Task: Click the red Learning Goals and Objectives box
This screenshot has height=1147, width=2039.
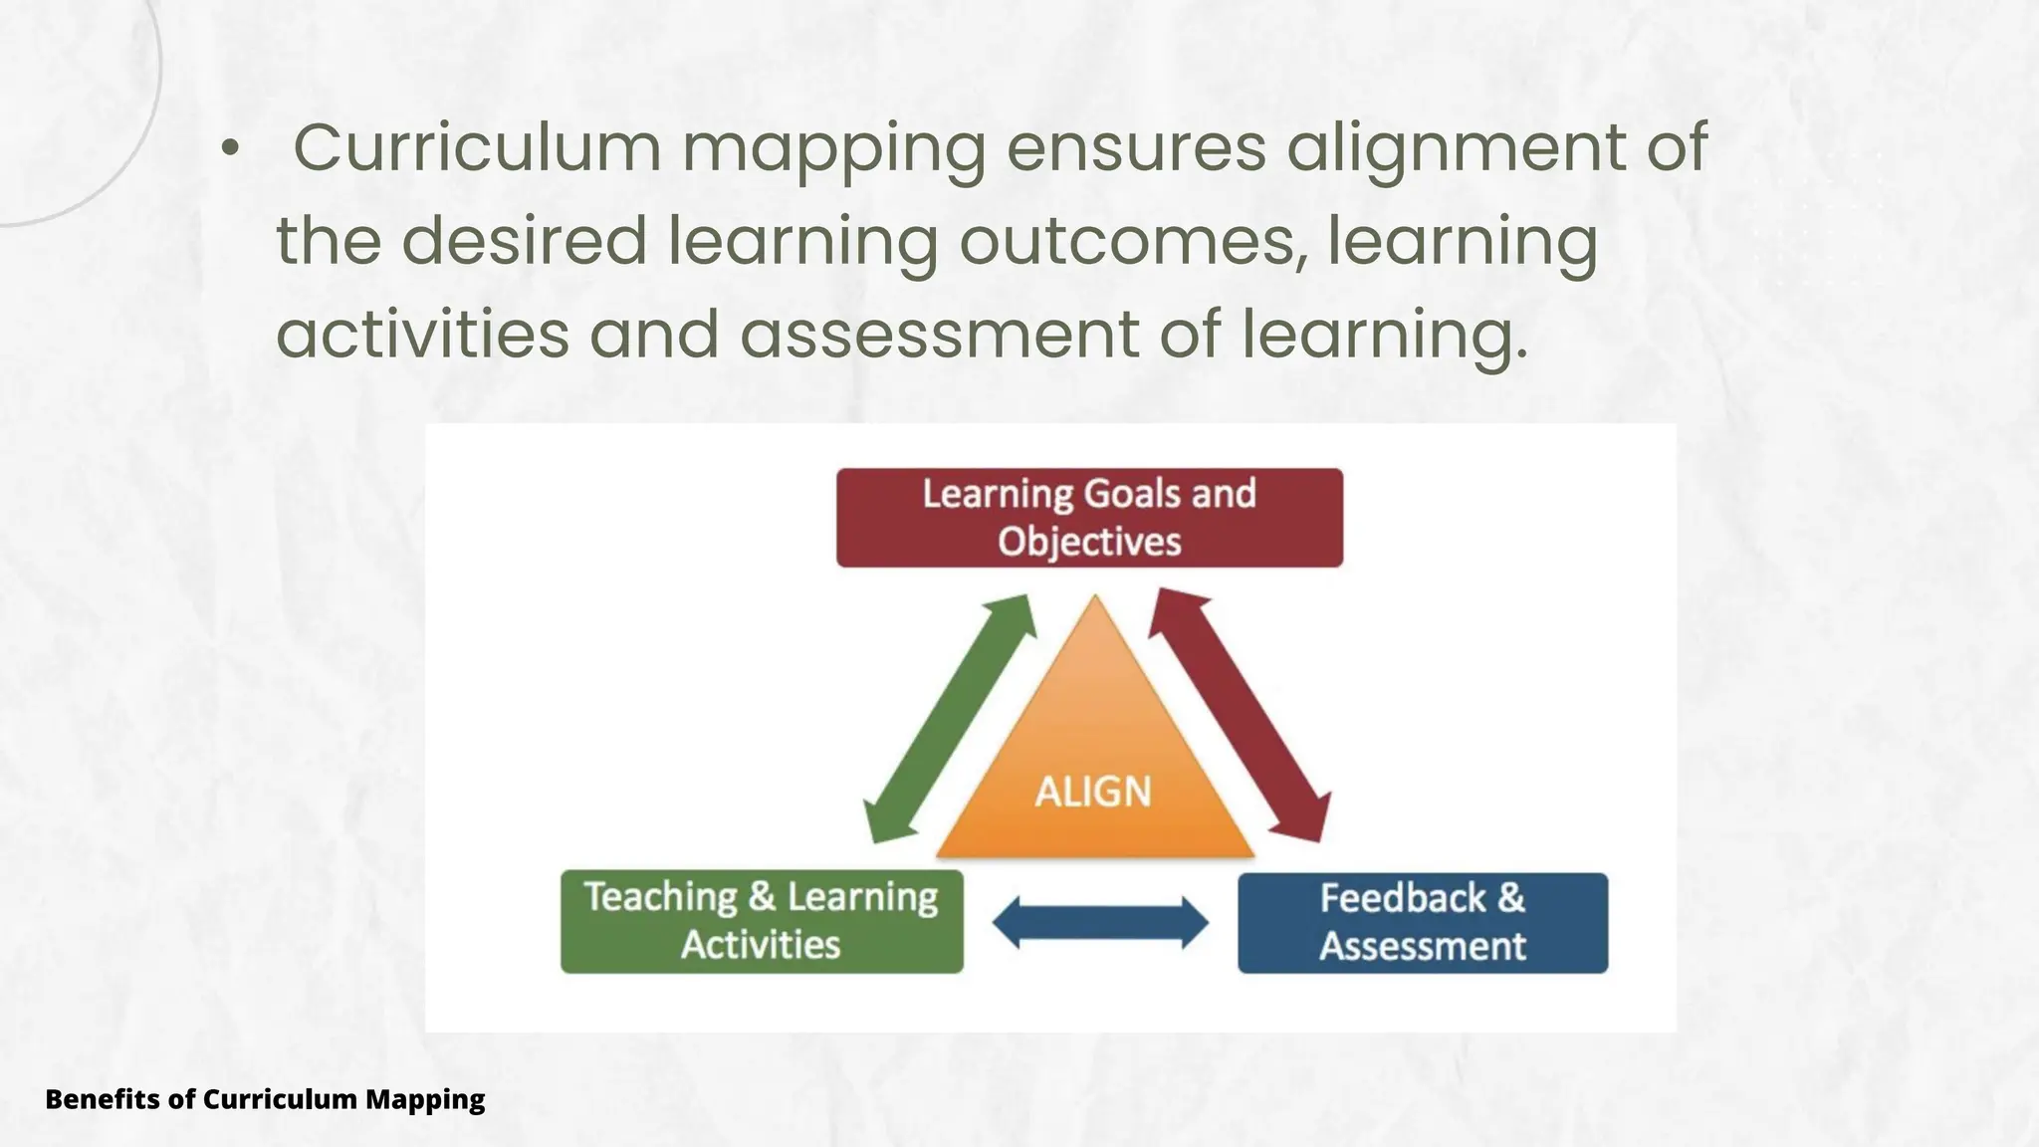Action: click(x=1089, y=518)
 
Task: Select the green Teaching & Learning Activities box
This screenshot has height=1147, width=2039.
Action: click(x=762, y=921)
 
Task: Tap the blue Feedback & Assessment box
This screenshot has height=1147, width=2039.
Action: click(x=1422, y=922)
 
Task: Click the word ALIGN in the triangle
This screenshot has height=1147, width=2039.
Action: click(x=1093, y=793)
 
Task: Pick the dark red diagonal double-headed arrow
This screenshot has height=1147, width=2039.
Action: click(x=1241, y=715)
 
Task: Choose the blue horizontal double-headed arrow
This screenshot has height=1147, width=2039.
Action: click(x=1100, y=922)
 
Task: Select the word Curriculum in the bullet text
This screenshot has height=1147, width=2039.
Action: click(x=477, y=147)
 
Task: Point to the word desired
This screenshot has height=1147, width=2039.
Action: click(x=525, y=241)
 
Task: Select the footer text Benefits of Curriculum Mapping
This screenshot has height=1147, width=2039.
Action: click(x=265, y=1099)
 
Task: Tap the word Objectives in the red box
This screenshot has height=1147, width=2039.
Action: click(x=1089, y=542)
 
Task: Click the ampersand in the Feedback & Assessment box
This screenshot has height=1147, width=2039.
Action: click(x=1510, y=898)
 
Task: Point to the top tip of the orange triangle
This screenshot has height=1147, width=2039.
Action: click(x=1095, y=599)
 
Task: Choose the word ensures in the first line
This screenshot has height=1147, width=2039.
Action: click(x=1136, y=147)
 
